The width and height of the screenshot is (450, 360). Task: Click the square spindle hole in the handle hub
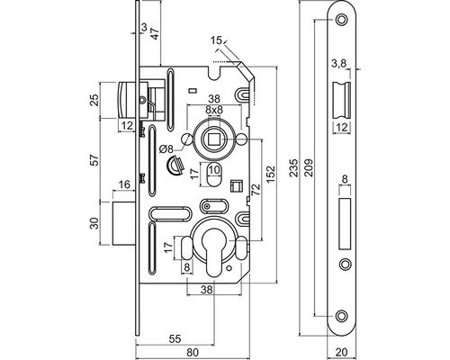click(x=214, y=139)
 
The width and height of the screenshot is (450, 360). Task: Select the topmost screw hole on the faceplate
click(x=341, y=20)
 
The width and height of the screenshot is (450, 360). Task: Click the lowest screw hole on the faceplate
click(x=341, y=316)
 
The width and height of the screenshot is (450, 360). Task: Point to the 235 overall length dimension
click(x=295, y=167)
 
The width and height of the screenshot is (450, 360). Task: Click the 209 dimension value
click(x=309, y=167)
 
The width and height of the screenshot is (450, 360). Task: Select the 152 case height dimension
click(x=271, y=174)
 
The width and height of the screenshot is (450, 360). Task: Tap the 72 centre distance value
click(x=256, y=190)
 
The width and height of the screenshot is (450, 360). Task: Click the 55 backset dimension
click(x=175, y=339)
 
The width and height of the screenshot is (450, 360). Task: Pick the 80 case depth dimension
click(x=193, y=353)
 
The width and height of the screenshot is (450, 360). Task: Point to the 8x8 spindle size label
click(x=214, y=110)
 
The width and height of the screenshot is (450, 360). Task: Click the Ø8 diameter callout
click(x=166, y=149)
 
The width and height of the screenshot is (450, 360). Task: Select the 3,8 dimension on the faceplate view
click(x=339, y=64)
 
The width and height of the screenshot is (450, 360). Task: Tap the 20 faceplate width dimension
click(x=342, y=352)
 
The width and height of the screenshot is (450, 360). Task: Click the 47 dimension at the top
click(x=156, y=32)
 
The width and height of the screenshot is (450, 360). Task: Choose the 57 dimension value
click(x=94, y=160)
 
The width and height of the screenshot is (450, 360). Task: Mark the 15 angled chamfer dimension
click(x=216, y=40)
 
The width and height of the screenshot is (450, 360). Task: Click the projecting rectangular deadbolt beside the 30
click(x=123, y=223)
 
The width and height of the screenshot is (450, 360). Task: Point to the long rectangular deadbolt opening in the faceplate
click(x=345, y=223)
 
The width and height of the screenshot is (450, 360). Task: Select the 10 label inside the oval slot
click(x=214, y=170)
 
